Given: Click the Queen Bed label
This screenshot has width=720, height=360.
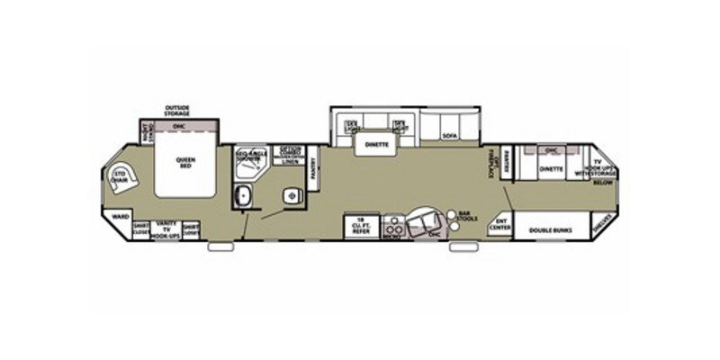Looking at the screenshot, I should tap(186, 162).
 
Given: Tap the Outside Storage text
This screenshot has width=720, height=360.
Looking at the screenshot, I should tap(176, 111).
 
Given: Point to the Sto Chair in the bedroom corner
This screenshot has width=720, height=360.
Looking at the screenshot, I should tap(119, 176).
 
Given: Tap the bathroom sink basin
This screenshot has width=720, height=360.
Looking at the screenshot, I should tap(242, 194).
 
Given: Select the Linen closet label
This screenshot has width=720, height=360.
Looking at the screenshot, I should tap(289, 160).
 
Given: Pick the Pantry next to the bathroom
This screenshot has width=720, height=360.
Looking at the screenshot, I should tap(313, 167).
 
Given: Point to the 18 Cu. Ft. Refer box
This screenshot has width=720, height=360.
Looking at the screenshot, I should tap(360, 227).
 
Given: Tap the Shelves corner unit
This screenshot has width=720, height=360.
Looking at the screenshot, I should tap(603, 228).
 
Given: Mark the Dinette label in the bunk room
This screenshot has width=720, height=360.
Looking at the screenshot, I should tap(551, 168).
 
